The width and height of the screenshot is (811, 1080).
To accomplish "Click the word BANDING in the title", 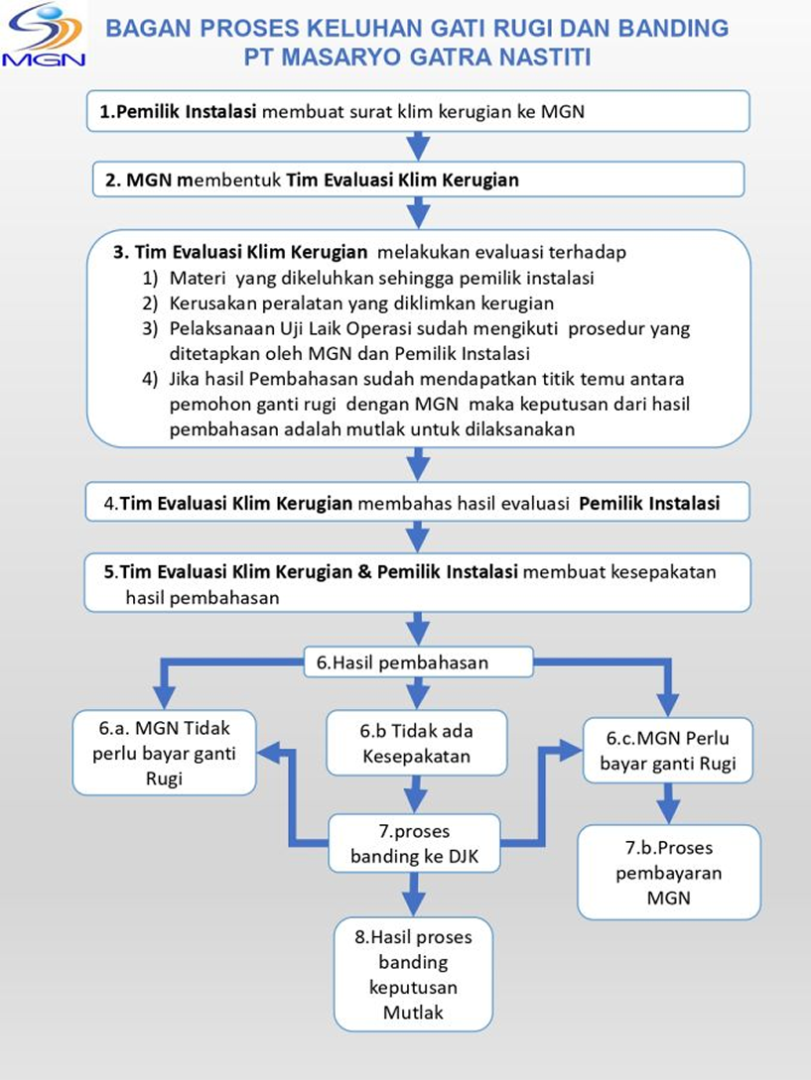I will [x=672, y=28].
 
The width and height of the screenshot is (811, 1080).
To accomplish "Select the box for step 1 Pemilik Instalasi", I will [x=418, y=111].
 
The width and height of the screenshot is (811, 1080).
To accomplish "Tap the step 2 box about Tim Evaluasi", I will [x=418, y=180].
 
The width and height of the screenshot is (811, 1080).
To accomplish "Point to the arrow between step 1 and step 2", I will [x=418, y=147].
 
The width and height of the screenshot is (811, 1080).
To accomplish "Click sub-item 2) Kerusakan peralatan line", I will [x=361, y=302].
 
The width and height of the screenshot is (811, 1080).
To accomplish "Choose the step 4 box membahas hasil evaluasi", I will [x=418, y=503].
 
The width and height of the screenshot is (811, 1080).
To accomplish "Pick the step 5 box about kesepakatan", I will [x=418, y=584].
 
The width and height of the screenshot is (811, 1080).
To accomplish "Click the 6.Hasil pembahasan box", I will [x=418, y=662].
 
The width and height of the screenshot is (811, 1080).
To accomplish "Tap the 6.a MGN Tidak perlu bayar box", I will [x=165, y=753].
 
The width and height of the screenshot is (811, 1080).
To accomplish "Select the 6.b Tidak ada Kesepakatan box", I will [x=417, y=744].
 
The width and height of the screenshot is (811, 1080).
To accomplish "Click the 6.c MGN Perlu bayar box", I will [x=672, y=751].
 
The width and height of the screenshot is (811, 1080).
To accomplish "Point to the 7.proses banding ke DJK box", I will [x=414, y=843].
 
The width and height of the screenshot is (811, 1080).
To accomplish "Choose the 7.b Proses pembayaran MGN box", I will [x=669, y=873].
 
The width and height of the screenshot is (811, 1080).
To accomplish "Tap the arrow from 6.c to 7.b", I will [x=670, y=803].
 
